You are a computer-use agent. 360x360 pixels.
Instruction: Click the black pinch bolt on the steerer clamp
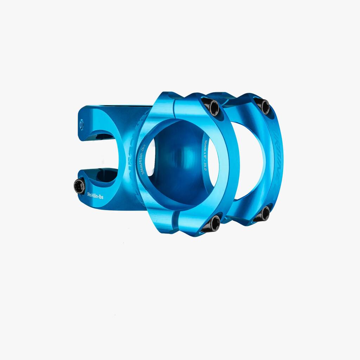[79, 186]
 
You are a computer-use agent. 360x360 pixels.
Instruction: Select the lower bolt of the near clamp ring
[212, 223]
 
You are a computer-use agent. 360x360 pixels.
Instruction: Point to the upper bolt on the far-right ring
[263, 105]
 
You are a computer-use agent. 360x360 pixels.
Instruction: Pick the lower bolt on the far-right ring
[263, 214]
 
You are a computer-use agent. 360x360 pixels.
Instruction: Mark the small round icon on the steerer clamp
[82, 124]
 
